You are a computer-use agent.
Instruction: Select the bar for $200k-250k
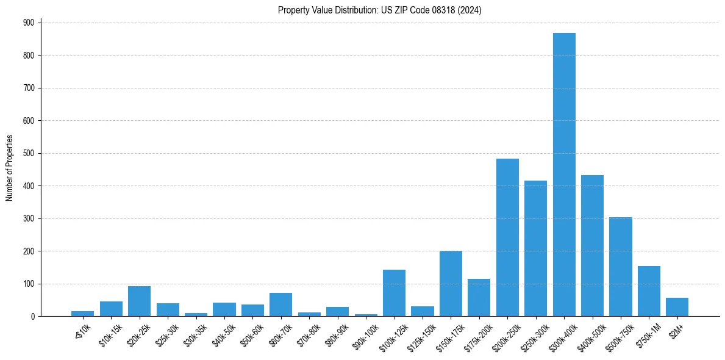507,237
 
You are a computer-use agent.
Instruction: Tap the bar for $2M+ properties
677,307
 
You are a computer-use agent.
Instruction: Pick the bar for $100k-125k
394,293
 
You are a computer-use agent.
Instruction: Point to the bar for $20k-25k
139,301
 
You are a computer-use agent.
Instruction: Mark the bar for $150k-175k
451,284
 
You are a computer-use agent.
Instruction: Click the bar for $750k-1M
649,291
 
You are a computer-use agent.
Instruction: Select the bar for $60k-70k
280,304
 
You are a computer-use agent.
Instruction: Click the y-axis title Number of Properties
10,168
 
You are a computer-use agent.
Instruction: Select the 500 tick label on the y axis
29,153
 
